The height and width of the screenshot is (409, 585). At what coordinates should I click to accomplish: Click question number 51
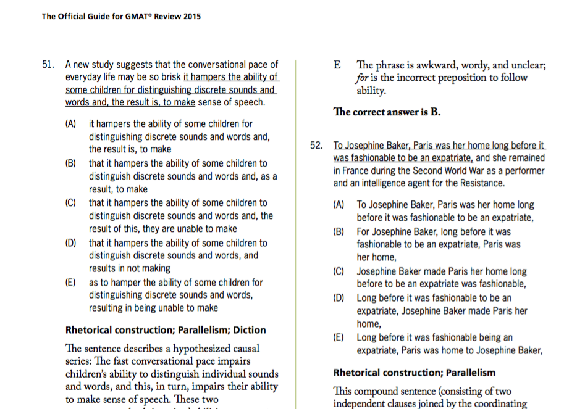[x=49, y=64]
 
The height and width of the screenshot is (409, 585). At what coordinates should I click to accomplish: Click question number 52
[x=317, y=146]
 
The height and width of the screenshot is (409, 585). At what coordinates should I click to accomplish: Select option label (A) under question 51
[x=71, y=124]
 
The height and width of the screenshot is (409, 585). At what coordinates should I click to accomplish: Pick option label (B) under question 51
[x=71, y=163]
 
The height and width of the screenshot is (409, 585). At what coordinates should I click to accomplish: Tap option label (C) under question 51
[x=71, y=203]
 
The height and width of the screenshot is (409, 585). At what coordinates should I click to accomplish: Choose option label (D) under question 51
[x=71, y=242]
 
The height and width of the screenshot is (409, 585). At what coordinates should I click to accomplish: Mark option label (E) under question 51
[x=71, y=282]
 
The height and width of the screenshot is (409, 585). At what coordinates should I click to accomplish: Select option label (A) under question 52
[x=339, y=205]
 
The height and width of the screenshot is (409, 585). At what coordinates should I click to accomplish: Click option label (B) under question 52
[x=339, y=232]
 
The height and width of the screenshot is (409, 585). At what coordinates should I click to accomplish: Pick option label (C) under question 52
[x=339, y=271]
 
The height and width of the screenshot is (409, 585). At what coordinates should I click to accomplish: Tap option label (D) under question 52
[x=339, y=298]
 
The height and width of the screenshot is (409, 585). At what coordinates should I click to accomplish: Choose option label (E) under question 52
[x=339, y=337]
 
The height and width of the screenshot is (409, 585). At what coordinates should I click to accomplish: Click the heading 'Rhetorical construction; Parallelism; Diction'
[x=166, y=330]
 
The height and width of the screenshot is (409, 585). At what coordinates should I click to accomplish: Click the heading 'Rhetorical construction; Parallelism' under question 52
[x=414, y=373]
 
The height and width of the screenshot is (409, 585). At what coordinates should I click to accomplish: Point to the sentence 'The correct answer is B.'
[x=387, y=112]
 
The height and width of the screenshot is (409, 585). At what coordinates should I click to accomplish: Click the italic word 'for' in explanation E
[x=362, y=78]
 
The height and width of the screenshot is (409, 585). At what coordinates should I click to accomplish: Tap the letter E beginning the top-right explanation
[x=337, y=65]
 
